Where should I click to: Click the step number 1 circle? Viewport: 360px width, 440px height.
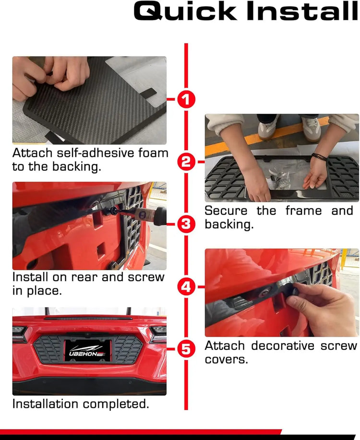pos(186,99)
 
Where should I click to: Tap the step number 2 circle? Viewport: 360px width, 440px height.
pos(186,162)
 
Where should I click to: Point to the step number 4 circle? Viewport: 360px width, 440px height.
pos(186,287)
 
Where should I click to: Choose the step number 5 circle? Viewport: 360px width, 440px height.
pos(186,349)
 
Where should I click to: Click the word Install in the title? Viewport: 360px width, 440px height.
pos(302,12)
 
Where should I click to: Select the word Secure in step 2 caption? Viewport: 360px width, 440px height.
pos(226,211)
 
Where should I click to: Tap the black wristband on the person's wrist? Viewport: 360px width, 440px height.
pos(319,157)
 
